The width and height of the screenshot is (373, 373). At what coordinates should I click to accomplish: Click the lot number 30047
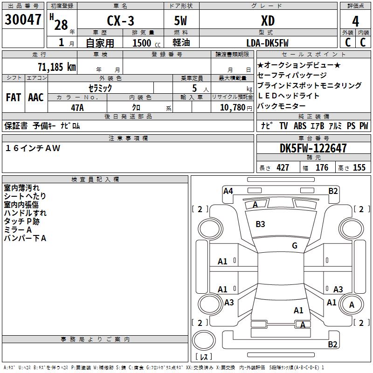coord(23,20)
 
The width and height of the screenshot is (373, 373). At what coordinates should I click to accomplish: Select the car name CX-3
coord(120,21)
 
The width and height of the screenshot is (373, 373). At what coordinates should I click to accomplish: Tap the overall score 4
coord(355,21)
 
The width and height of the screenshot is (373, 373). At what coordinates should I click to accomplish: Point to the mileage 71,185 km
coord(57,67)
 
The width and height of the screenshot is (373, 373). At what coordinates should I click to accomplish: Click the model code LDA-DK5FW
coord(267,43)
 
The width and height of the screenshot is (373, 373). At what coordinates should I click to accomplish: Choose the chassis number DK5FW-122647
coord(313,148)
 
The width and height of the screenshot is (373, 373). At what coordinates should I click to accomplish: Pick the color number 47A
coord(77,108)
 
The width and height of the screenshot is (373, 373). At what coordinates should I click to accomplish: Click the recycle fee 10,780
coord(232,108)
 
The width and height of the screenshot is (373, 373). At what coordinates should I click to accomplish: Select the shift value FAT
coord(14,97)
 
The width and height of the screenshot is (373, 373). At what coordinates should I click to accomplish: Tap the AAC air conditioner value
coord(36,97)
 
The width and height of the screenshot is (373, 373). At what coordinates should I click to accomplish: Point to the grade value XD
coord(268,21)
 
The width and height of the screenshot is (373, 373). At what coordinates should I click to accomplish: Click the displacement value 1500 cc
coord(146,43)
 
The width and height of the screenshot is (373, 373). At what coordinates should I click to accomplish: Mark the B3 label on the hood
coord(260,224)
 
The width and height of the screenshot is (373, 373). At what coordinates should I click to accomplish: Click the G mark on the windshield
coord(295,245)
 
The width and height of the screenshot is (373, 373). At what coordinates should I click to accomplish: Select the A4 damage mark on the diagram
coord(228,191)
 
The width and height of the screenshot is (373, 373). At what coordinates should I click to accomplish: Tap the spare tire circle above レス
coord(204,340)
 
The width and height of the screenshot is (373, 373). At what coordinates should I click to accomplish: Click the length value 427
coord(283,167)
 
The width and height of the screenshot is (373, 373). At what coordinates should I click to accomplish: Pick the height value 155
coord(359,167)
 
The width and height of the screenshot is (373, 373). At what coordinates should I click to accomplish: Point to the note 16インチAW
coord(33,148)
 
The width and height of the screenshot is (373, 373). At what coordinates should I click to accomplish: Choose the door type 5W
coord(180,21)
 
